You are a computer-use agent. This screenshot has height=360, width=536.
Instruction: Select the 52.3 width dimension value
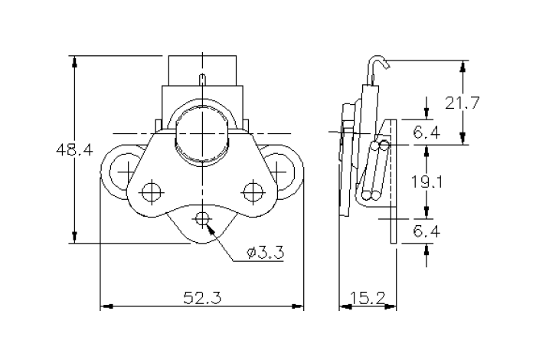pyautogui.click(x=202, y=299)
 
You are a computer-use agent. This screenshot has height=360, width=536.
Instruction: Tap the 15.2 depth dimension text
pyautogui.click(x=367, y=299)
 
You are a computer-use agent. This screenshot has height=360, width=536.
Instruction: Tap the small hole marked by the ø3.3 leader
pyautogui.click(x=202, y=220)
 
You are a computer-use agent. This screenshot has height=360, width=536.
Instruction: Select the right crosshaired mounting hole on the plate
pyautogui.click(x=253, y=189)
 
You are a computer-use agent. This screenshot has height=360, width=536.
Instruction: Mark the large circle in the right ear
pyautogui.click(x=283, y=170)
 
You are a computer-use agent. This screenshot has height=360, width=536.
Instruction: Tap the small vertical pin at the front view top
pyautogui.click(x=202, y=80)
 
